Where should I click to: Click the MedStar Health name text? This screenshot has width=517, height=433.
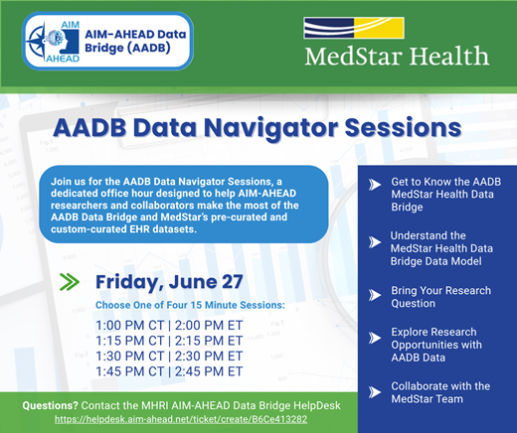tap(397, 56)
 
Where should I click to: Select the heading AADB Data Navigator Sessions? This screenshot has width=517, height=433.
tap(257, 128)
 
